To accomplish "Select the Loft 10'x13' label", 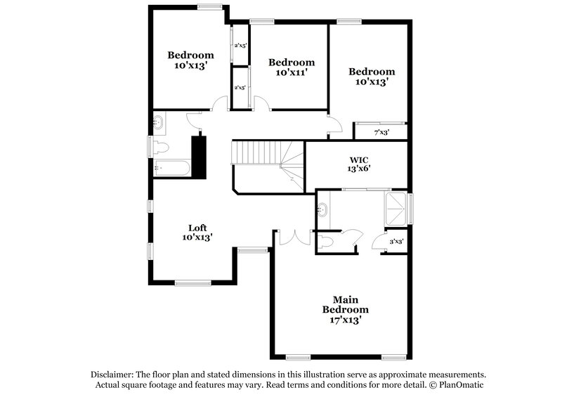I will tap(197, 232).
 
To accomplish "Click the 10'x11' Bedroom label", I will tap(292, 67).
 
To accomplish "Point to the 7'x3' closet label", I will tap(381, 132).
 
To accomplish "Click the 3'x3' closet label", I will tap(396, 242).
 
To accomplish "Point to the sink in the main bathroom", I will tap(324, 209).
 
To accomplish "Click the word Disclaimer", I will tap(112, 375).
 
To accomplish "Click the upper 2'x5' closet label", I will tap(240, 46).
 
